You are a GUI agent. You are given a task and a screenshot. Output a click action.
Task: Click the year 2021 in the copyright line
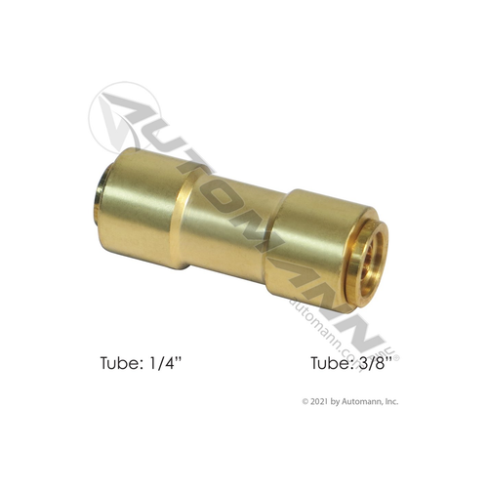click(326, 400)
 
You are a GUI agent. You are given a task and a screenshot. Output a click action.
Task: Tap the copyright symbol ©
click(306, 400)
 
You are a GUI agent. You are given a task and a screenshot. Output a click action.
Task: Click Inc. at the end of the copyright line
click(392, 400)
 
